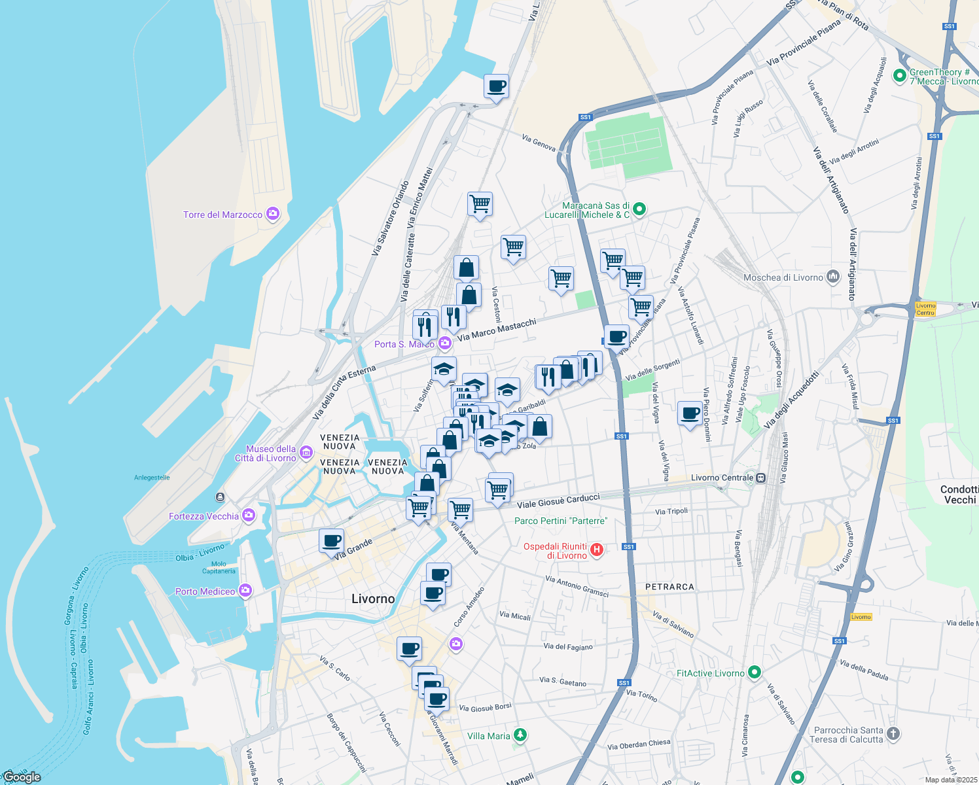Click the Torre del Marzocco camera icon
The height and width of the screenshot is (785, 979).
coord(273,214)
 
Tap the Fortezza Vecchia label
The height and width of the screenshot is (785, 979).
coord(204,516)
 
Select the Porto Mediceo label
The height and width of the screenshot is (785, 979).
coord(205,591)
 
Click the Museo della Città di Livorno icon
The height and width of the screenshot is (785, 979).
coord(306,453)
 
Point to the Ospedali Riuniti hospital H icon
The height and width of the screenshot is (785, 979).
coord(597,550)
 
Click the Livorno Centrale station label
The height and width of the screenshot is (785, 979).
coord(722,478)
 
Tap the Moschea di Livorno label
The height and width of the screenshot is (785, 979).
coord(783,277)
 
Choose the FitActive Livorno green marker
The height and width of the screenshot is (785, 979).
coord(755,672)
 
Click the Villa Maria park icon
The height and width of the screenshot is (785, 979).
coord(520,735)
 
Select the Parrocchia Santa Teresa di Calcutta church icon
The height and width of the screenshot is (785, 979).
coord(894,734)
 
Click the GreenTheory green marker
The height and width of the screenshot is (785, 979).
coord(902,74)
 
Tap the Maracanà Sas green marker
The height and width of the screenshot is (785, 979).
coord(639,209)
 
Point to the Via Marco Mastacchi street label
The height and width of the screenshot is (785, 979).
coord(497,330)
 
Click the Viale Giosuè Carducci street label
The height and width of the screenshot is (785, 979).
coord(558,501)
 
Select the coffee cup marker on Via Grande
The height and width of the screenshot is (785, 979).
coord(332,542)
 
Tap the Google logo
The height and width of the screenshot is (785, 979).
coord(22,776)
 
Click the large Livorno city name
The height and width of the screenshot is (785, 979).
coord(373,599)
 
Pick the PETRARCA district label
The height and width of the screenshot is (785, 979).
coord(669,587)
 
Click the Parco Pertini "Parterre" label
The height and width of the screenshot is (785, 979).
coord(561,521)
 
